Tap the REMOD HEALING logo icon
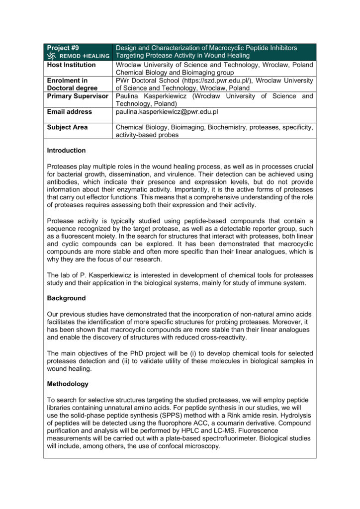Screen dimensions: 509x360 [51, 56]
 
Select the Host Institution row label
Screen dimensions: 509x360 [71, 65]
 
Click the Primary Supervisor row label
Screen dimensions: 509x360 [78, 96]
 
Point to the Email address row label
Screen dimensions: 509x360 [69, 112]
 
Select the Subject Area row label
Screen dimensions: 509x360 [67, 127]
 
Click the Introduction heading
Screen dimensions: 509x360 [66, 151]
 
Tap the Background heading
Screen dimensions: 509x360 [66, 298]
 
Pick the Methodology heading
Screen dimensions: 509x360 [68, 384]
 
